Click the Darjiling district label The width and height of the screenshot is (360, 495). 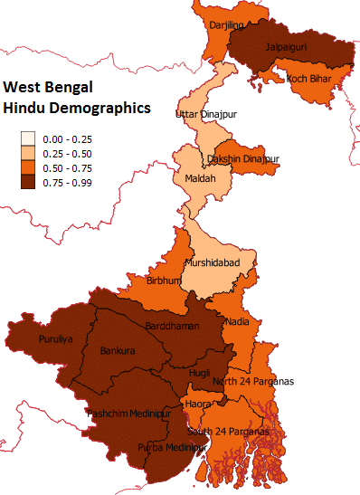click(227, 26)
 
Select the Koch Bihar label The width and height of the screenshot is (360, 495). click(309, 79)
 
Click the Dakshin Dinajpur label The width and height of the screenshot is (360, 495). click(243, 158)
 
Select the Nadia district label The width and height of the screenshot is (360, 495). click(236, 321)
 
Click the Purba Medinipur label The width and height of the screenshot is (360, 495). click(170, 447)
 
